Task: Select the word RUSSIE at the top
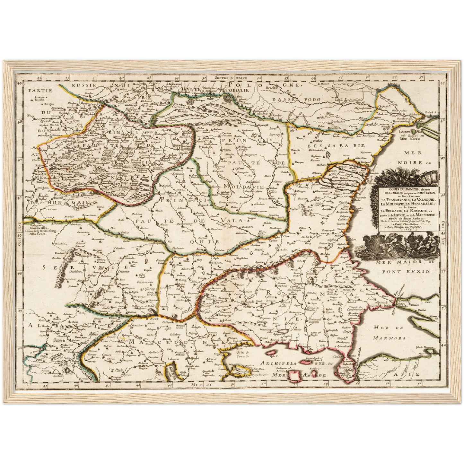[x=83, y=85]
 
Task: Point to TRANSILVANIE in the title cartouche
[x=395, y=200]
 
